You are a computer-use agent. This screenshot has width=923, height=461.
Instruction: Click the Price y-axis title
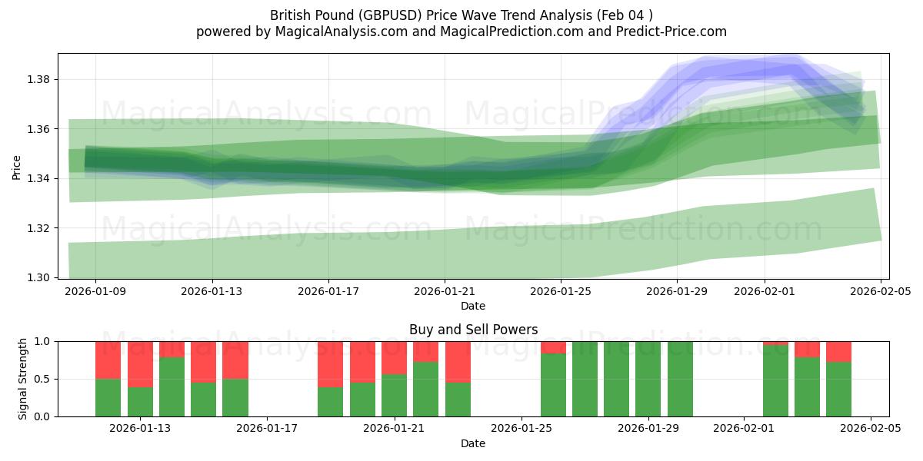pyautogui.click(x=17, y=166)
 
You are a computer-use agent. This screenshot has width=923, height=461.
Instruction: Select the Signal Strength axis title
pyautogui.click(x=23, y=379)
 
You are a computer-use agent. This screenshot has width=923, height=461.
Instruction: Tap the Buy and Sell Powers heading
pyautogui.click(x=473, y=330)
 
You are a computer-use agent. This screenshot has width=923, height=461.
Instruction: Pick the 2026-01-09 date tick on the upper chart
pyautogui.click(x=96, y=292)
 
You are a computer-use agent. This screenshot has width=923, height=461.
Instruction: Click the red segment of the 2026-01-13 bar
pyautogui.click(x=140, y=364)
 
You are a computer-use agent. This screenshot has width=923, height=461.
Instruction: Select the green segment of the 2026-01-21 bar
pyautogui.click(x=394, y=395)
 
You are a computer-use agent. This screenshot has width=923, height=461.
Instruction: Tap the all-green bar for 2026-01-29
pyautogui.click(x=648, y=379)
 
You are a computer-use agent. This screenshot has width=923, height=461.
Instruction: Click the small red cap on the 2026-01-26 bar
pyautogui.click(x=553, y=347)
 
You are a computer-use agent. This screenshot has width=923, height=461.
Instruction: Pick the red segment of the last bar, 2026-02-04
pyautogui.click(x=838, y=351)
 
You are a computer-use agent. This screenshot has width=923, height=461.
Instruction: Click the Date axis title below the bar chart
pyautogui.click(x=473, y=443)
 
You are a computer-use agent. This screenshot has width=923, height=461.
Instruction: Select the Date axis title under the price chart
pyautogui.click(x=473, y=306)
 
